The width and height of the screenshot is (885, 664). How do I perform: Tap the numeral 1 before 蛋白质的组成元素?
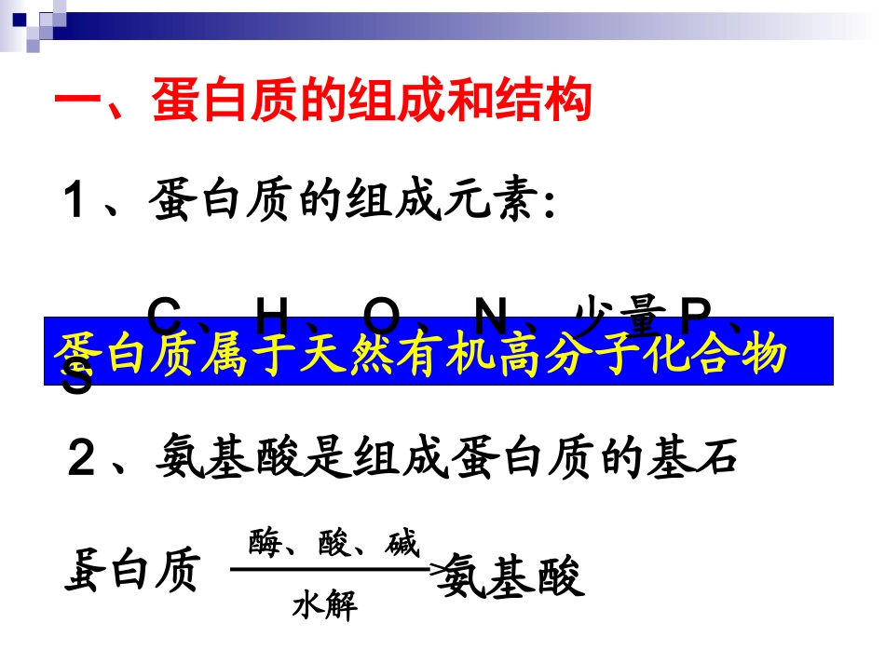76,202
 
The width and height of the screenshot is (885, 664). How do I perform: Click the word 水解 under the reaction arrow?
324,607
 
